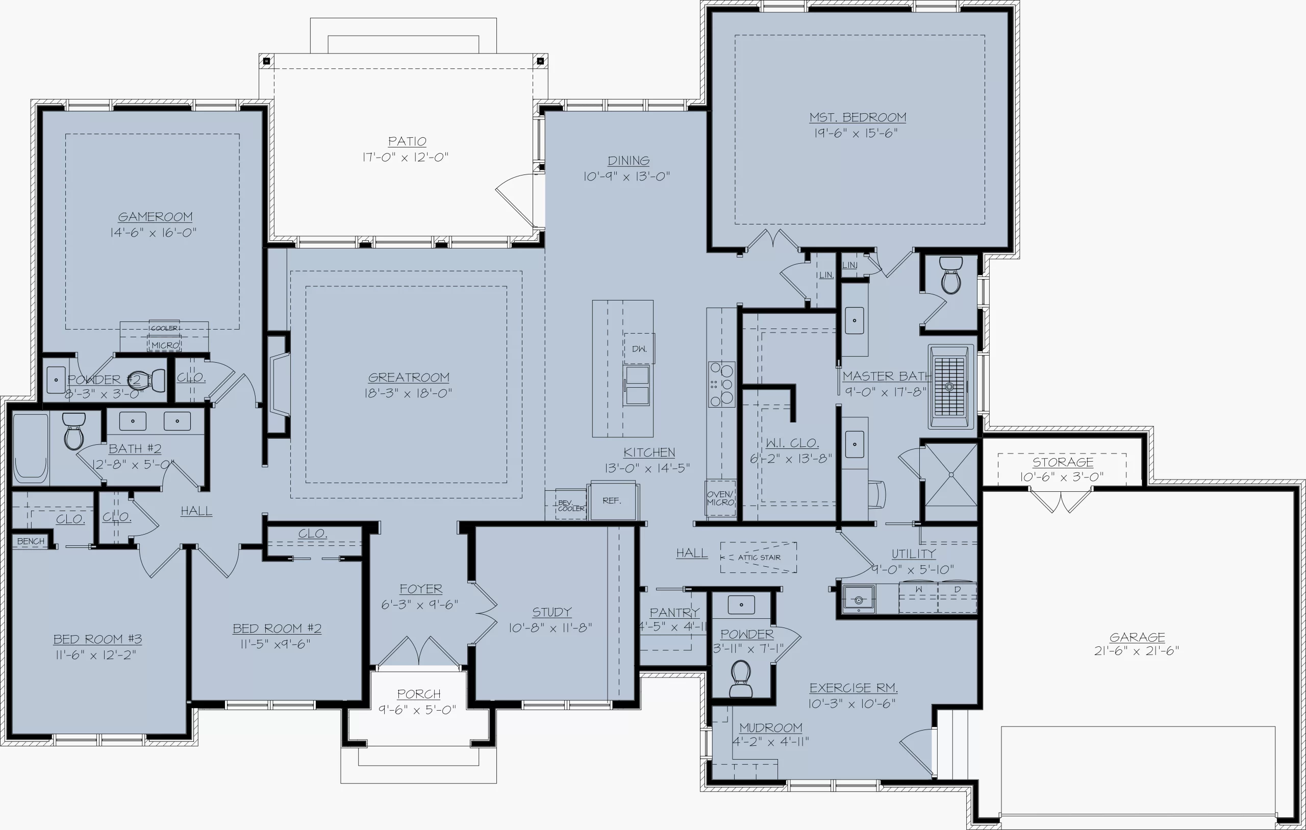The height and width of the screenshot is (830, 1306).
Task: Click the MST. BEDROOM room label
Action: pos(858,117)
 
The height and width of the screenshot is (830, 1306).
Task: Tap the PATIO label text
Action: pos(407,141)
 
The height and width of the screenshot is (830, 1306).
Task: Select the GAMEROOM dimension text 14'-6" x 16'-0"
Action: pos(154,233)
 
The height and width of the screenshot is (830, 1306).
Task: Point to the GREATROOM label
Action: pos(409,378)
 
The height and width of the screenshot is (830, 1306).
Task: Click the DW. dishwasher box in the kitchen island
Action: pos(639,348)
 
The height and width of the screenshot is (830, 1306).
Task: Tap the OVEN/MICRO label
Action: pos(720,498)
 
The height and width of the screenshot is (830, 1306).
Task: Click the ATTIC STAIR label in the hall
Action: pos(759,557)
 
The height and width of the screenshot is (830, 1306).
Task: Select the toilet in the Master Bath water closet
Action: pos(951,275)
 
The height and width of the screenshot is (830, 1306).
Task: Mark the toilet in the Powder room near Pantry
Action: pos(741,678)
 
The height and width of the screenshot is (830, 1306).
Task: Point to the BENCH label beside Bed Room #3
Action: pos(31,541)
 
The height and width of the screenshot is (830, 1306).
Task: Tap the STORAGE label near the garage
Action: pos(1063,462)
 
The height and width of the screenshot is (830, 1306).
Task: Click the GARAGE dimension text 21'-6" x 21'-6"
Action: pos(1136,650)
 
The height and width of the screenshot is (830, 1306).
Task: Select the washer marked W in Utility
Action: pos(918,597)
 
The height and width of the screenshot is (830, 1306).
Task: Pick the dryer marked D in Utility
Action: pos(957,597)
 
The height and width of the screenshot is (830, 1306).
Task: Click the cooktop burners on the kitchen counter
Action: pos(721,385)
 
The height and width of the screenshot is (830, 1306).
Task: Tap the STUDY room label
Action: pos(551,612)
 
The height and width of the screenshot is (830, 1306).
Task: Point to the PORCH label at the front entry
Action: pos(419,694)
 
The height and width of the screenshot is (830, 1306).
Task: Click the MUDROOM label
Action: pos(770,727)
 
